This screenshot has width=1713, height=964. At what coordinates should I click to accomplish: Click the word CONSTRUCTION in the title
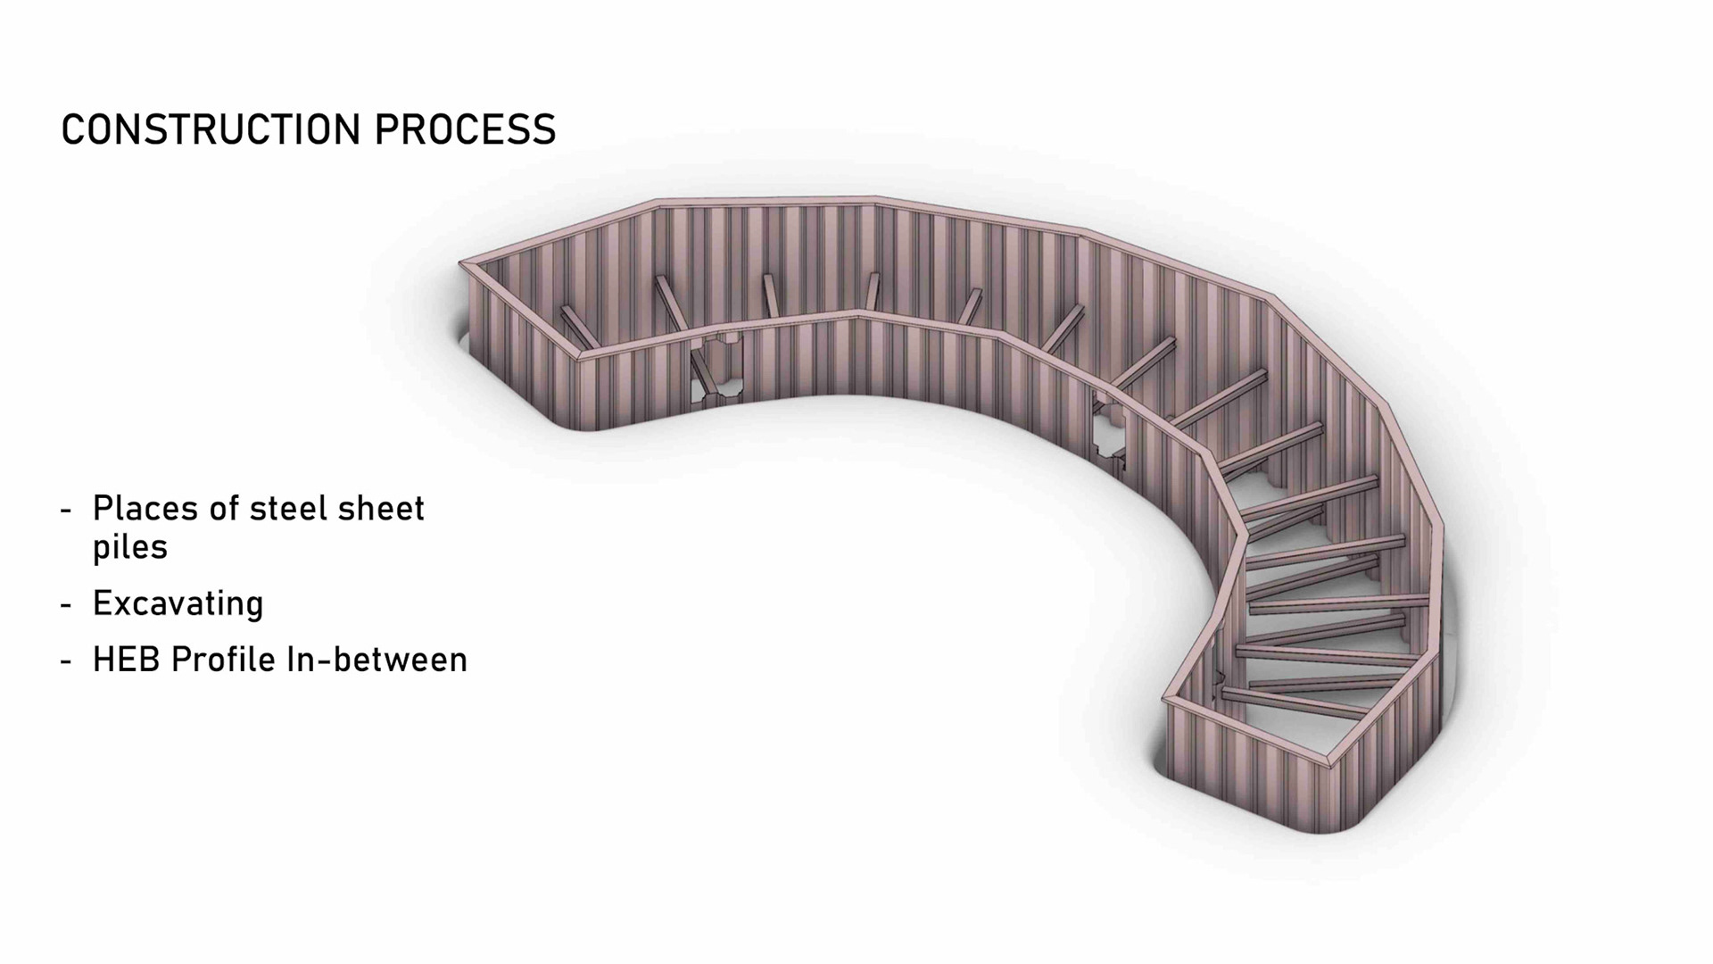point(211,129)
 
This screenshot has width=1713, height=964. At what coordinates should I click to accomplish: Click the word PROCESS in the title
point(465,129)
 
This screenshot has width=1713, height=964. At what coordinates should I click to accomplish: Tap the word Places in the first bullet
point(145,509)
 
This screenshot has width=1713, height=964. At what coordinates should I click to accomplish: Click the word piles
point(130,548)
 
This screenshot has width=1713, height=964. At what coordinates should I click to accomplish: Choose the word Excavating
point(178,604)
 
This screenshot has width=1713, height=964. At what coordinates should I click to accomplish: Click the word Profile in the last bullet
point(224,661)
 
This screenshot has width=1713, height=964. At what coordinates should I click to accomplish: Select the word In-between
point(377,661)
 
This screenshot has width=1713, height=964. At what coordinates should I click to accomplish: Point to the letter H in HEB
point(102,661)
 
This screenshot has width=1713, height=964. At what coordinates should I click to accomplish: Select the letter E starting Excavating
point(101,604)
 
